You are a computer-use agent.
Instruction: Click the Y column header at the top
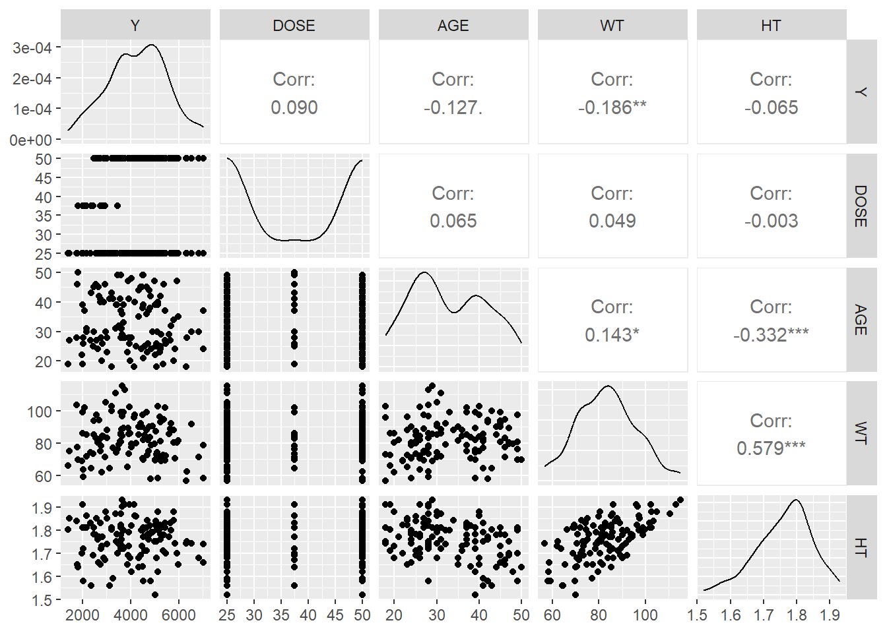point(135,25)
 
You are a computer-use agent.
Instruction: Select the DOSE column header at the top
point(294,25)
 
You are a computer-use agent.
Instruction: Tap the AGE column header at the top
point(453,25)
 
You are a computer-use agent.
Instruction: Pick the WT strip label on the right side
point(861,433)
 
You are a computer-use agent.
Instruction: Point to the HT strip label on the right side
point(861,547)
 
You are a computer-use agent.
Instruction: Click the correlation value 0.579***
point(771,448)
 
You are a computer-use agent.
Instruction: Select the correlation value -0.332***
point(771,335)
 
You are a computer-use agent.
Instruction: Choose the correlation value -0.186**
point(612,107)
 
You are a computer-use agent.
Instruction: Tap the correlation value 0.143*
point(612,335)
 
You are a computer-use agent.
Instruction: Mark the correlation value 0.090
point(294,107)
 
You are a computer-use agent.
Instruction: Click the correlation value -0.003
point(771,221)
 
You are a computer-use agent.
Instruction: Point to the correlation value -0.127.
point(453,107)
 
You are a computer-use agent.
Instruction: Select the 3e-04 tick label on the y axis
point(32,47)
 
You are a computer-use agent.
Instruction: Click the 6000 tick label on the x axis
point(178,615)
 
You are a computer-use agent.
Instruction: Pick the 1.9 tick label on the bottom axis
point(830,615)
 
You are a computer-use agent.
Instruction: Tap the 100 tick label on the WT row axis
point(40,411)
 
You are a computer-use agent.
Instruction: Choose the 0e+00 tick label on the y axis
point(30,140)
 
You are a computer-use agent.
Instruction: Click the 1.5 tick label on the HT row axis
point(42,600)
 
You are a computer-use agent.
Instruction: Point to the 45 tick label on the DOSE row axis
point(44,178)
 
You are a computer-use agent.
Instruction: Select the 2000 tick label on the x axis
point(83,615)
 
